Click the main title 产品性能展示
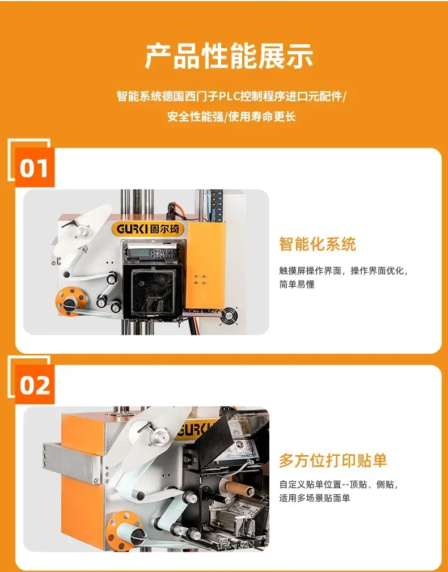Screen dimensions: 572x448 point(229,56)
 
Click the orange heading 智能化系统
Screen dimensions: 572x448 point(317,244)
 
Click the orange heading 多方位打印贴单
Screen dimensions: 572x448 point(332,460)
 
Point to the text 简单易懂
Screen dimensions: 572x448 point(297,285)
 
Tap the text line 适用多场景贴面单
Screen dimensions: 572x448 point(314,498)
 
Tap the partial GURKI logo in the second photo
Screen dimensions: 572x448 point(193,430)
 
